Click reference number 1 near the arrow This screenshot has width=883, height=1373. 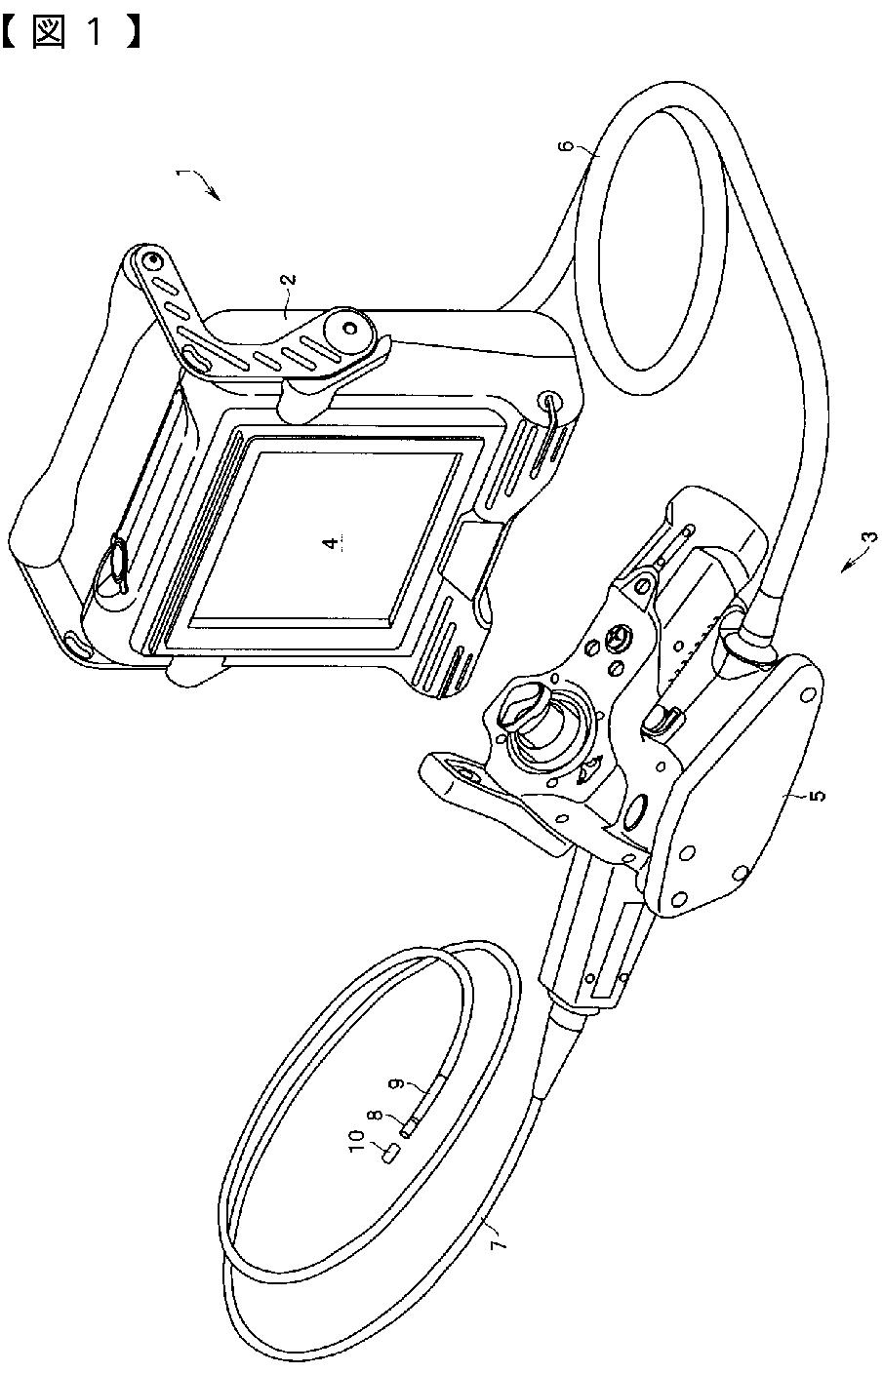click(181, 175)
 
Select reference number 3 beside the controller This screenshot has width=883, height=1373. click(867, 536)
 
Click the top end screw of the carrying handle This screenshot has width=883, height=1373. click(149, 261)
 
